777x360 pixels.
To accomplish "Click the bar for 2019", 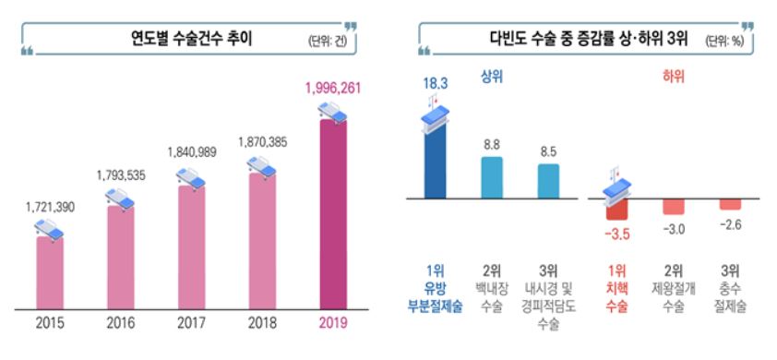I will pos(333,217).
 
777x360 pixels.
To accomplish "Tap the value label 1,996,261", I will pos(333,89).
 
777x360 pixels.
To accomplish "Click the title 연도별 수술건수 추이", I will pos(191,39).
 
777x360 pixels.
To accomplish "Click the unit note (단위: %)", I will pos(727,41).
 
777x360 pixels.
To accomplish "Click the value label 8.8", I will pos(493,145).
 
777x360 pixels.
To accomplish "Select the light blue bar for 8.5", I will pos(549,181).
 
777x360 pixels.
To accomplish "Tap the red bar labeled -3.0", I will pos(674,206).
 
